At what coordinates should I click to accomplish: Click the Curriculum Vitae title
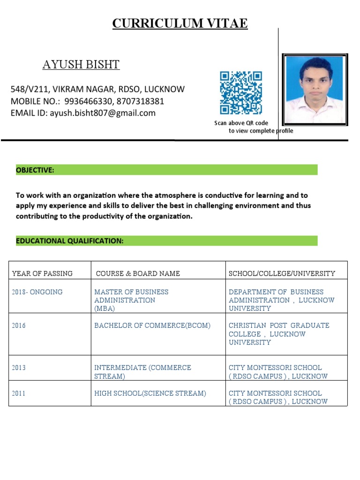tap(180, 23)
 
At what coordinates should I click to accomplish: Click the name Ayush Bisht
tap(81, 65)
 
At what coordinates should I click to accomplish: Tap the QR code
tap(241, 93)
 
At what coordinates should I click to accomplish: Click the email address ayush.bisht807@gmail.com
tap(103, 113)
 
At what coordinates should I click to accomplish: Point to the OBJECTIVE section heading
tap(35, 170)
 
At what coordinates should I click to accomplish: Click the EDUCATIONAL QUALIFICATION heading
tap(70, 241)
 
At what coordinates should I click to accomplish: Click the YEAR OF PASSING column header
tap(42, 273)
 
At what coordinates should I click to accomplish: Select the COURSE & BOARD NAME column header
tap(138, 273)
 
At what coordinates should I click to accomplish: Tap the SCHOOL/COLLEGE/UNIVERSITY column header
tap(282, 273)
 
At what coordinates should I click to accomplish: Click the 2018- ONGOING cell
tap(37, 292)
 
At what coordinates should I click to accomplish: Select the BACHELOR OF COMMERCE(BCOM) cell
tap(152, 325)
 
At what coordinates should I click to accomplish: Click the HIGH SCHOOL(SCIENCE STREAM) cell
tap(150, 393)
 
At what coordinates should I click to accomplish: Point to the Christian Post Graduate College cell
tap(279, 334)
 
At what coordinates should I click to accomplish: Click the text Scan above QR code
tap(241, 123)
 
